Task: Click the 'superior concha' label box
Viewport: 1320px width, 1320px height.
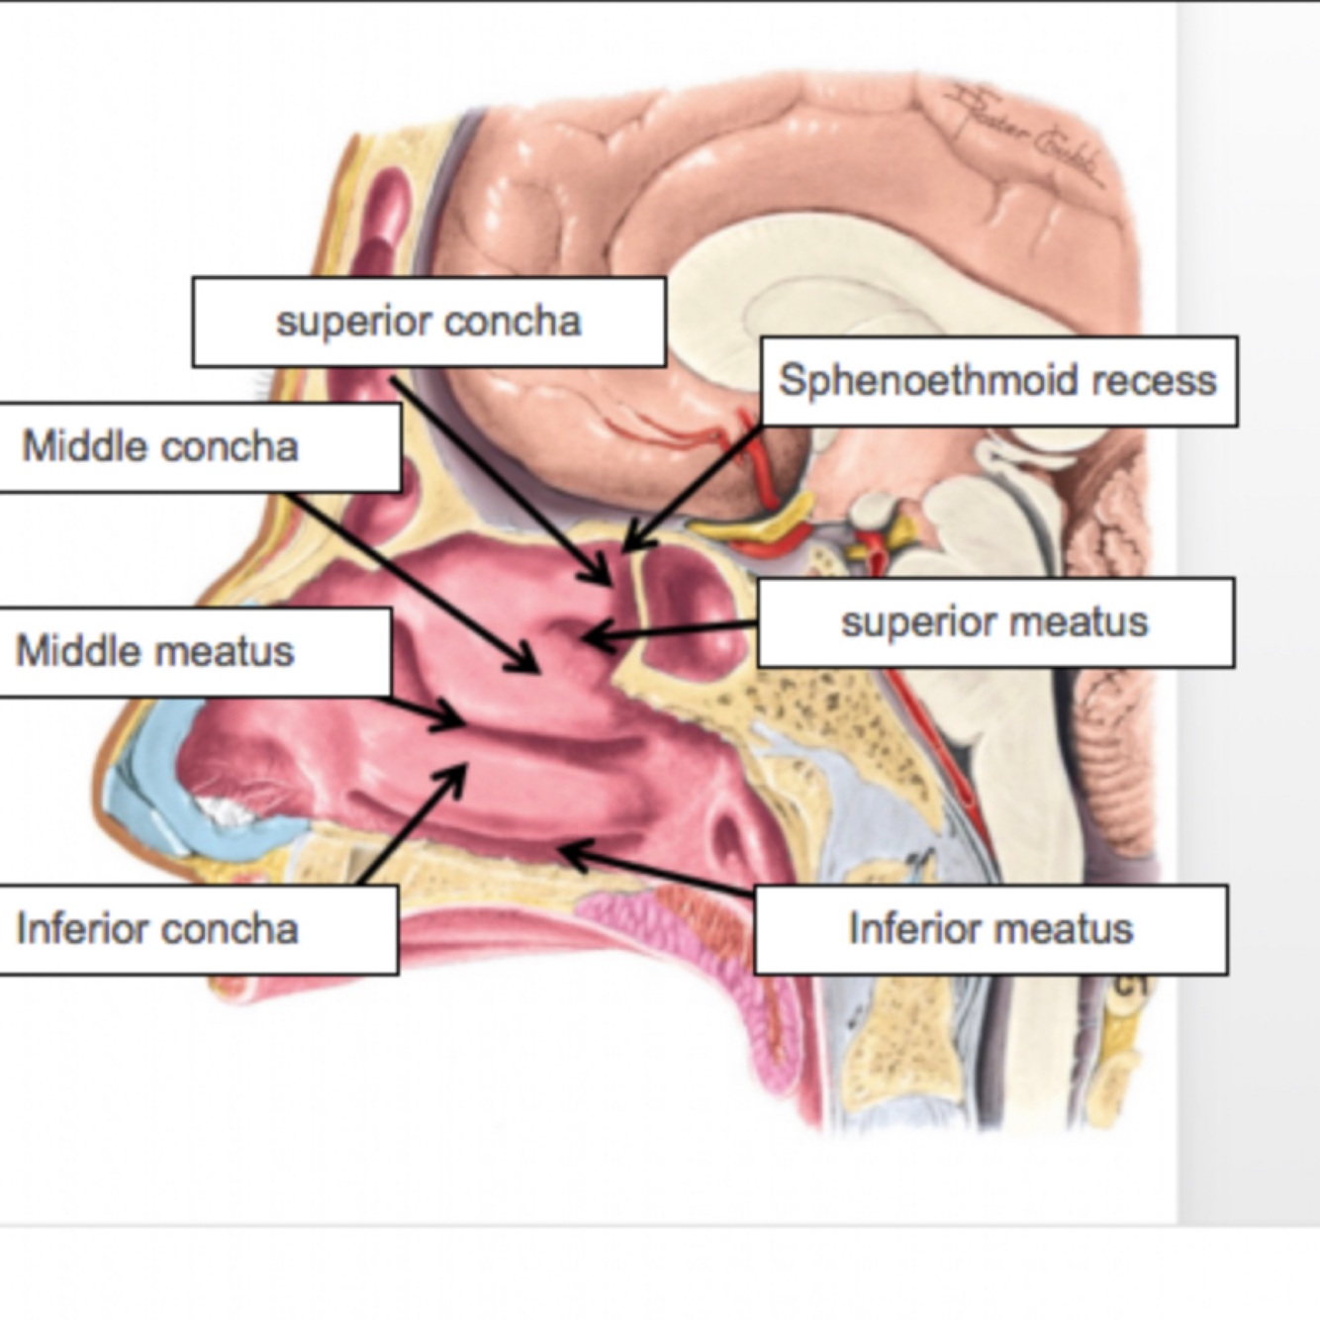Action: [428, 322]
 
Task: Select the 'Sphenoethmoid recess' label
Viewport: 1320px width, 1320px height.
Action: [998, 381]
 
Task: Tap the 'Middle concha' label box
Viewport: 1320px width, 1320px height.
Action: [198, 446]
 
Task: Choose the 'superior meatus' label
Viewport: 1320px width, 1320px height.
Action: [994, 622]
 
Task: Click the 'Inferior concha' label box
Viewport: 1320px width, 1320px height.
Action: [198, 929]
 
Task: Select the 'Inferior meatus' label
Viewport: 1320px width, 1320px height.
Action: [990, 929]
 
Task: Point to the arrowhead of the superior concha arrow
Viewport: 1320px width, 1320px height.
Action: [605, 579]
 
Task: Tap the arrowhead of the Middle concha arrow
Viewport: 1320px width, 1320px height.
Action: [531, 667]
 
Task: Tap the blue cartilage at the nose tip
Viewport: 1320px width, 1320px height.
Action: [148, 782]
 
